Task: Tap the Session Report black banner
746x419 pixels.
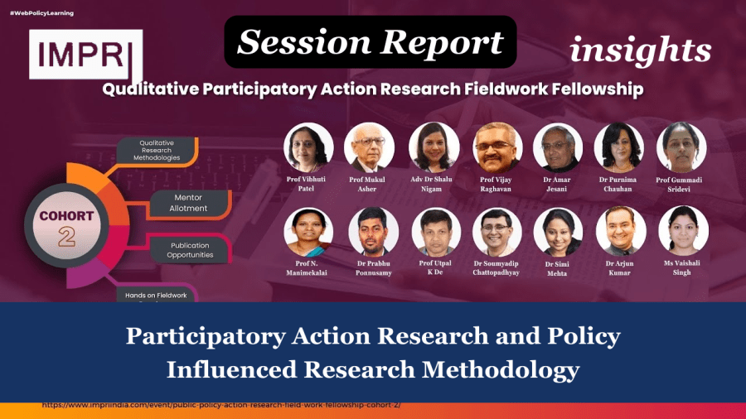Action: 371,42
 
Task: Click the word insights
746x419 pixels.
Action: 640,51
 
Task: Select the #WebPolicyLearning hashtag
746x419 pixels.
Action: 41,13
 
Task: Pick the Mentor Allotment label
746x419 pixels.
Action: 188,203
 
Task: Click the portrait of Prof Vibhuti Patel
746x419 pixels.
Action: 308,147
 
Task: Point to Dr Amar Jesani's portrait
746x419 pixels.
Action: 558,147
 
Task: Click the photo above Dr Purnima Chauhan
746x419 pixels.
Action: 619,147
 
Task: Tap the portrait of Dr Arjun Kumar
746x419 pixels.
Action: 621,231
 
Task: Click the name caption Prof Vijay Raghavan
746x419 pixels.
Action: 497,184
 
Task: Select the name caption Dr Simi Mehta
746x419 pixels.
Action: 557,268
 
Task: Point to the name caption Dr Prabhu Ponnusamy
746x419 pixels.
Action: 373,268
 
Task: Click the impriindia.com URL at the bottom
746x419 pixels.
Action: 220,406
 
